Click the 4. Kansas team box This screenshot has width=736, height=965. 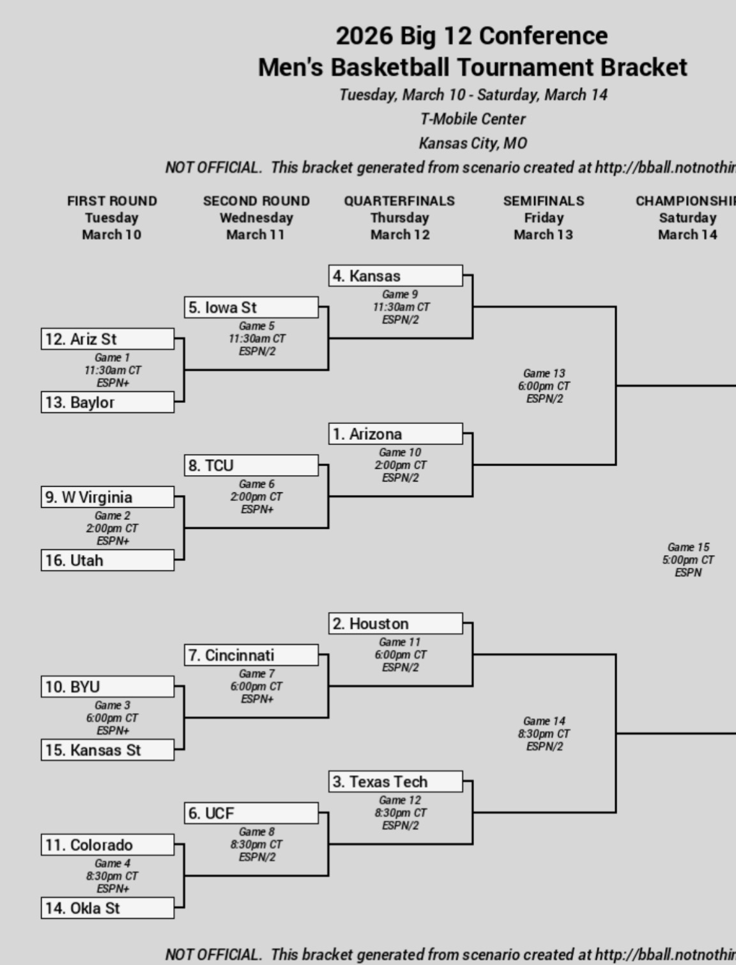(395, 276)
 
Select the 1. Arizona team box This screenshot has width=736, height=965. (395, 434)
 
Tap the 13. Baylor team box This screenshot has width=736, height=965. (107, 402)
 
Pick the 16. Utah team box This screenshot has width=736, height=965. (107, 560)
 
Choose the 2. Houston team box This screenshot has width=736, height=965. (395, 624)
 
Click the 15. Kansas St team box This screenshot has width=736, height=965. (107, 750)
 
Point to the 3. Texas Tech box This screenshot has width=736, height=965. (395, 781)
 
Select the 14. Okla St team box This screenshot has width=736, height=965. (107, 908)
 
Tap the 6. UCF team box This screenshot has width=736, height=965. (251, 813)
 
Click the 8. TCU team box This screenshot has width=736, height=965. (251, 465)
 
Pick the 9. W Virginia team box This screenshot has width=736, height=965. (107, 497)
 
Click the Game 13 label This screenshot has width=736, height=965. (544, 373)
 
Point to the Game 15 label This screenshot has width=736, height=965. (688, 547)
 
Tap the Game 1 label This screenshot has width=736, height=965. (112, 357)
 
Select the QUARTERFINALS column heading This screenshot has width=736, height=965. (399, 201)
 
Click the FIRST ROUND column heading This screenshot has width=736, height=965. (112, 201)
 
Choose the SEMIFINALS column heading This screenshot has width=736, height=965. (544, 201)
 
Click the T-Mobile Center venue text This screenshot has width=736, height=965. (473, 119)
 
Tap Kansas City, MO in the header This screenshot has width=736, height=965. (473, 143)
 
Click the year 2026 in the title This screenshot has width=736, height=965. (364, 36)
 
